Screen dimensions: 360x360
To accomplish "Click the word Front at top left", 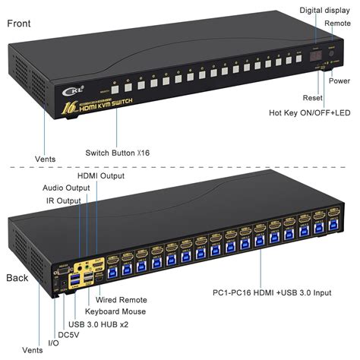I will pos(21,24).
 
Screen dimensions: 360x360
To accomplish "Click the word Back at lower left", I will pos(18,277).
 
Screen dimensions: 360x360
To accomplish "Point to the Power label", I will pos(339,81).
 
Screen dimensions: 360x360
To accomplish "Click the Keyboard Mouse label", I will pos(115,311).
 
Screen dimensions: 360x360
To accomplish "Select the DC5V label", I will pos(69,333).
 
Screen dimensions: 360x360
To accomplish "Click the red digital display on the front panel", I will pos(317,57).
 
